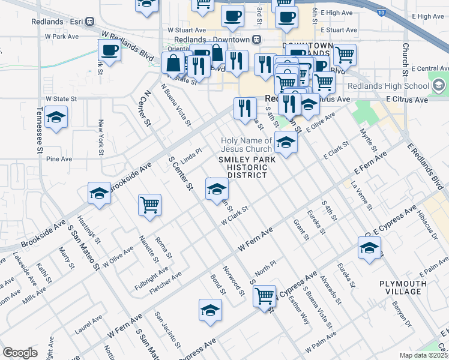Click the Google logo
pyautogui.click(x=20, y=353)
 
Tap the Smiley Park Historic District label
pyautogui.click(x=242, y=167)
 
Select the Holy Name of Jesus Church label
pyautogui.click(x=246, y=145)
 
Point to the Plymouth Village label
pyautogui.click(x=400, y=287)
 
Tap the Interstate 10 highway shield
pyautogui.click(x=382, y=11)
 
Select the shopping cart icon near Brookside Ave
pyautogui.click(x=149, y=205)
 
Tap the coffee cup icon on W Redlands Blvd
pyautogui.click(x=109, y=51)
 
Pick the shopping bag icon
pyautogui.click(x=173, y=62)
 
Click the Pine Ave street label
pyautogui.click(x=59, y=160)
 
